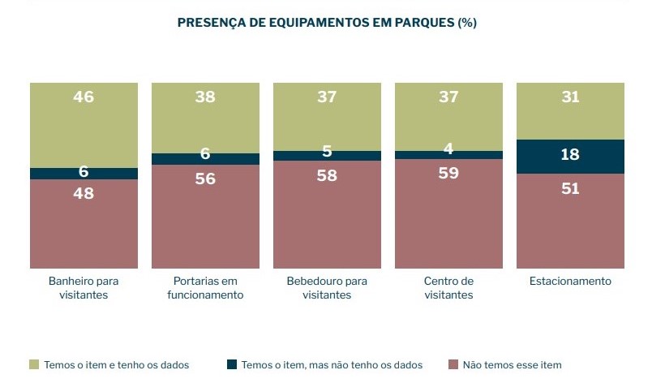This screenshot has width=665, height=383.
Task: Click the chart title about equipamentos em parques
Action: [326, 23]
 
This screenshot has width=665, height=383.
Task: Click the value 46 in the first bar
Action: [84, 97]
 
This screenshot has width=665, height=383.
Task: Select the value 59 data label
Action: [448, 173]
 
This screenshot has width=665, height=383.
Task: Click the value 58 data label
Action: [327, 174]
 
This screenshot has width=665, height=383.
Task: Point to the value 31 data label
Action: [570, 97]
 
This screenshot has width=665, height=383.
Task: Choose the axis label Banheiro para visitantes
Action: [84, 288]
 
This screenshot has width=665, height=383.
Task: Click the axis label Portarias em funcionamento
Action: [205, 288]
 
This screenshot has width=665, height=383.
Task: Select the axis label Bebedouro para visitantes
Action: [327, 288]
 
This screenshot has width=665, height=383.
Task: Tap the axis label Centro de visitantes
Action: [448, 288]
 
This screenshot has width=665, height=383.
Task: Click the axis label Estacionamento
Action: [570, 282]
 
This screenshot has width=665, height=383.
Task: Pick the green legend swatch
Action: [33, 365]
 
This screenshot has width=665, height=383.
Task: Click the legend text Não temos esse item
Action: [512, 365]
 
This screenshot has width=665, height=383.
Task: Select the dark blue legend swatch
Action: [231, 365]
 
